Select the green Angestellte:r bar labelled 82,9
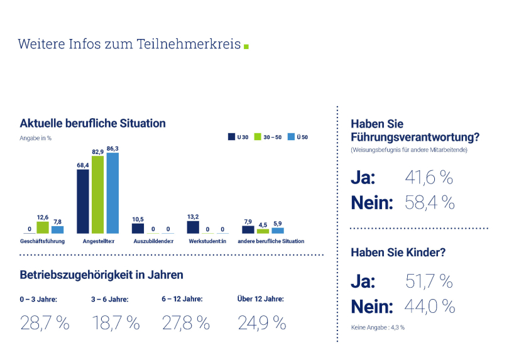pos(97,195)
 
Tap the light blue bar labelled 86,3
pos(112,193)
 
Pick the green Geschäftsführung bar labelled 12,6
pos(43,227)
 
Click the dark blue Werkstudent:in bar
pos(193,227)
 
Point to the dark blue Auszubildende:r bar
pos(138,229)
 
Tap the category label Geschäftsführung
pos(43,241)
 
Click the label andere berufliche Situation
pos(271,241)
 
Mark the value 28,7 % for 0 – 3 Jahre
pos(45,323)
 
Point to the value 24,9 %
pos(261,323)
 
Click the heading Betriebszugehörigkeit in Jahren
pos(102,275)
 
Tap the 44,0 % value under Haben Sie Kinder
pos(430,307)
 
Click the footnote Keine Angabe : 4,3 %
pos(378,327)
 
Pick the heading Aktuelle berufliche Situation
pos(92,123)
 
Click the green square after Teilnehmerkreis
pos(246,46)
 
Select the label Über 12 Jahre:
pos(261,298)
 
